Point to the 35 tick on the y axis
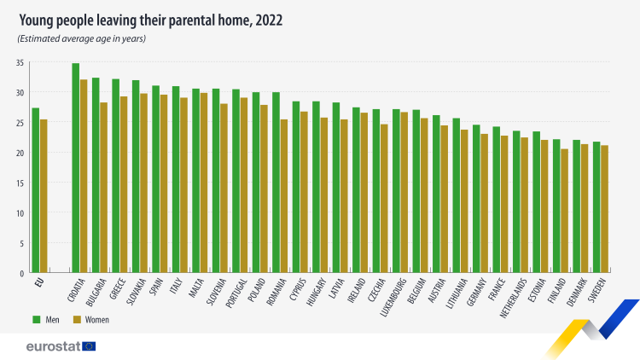click(x=20, y=63)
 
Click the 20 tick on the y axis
click(x=20, y=153)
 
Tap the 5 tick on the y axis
click(x=22, y=243)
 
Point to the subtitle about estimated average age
click(x=81, y=38)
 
